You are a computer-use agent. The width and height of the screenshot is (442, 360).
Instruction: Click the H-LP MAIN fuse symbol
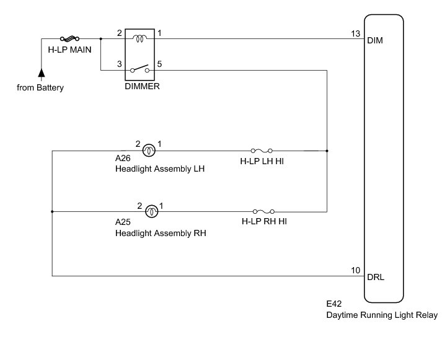(x=68, y=38)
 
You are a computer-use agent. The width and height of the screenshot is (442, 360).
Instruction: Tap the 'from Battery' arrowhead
(x=41, y=74)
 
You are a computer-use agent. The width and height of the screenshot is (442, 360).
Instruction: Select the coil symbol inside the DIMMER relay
(x=141, y=38)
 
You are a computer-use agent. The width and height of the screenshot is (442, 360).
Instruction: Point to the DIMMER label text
(x=143, y=87)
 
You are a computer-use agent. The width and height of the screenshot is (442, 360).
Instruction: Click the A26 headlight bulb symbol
(x=149, y=150)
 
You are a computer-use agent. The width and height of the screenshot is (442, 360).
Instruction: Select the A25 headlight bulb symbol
(x=151, y=212)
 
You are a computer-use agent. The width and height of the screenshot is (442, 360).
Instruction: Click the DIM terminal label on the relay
(x=376, y=41)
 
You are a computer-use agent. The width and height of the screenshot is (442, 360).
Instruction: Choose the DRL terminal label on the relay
(x=376, y=277)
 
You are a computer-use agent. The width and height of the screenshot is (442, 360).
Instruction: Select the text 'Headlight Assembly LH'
(x=159, y=169)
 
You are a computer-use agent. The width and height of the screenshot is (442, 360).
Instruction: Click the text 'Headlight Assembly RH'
(x=160, y=234)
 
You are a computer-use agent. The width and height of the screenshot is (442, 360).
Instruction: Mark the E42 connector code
(x=335, y=305)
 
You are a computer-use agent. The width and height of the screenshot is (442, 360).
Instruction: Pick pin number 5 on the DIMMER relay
(x=160, y=63)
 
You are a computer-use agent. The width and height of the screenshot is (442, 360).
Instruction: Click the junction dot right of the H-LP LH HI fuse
(x=327, y=151)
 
